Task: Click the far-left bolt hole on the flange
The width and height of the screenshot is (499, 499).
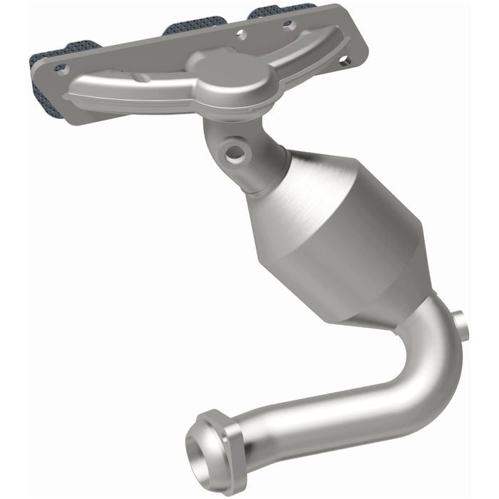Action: click(60, 69)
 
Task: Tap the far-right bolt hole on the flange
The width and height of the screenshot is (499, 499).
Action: click(344, 59)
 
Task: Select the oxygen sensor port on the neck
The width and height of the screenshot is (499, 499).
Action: click(233, 151)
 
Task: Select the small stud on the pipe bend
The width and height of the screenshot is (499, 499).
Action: click(462, 321)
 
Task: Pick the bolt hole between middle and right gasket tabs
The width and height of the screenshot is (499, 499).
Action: click(242, 32)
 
